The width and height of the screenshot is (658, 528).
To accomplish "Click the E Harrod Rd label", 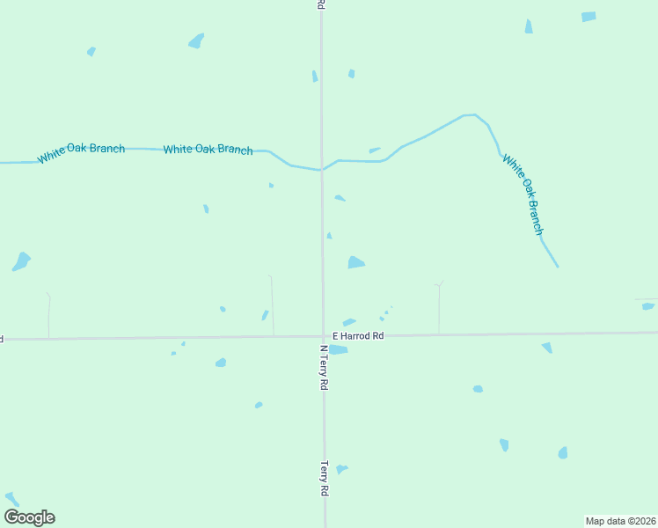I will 358,336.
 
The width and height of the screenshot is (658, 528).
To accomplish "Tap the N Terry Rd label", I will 324,367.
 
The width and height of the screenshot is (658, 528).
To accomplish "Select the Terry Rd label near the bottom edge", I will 324,479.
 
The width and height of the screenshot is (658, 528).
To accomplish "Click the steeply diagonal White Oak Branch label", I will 523,194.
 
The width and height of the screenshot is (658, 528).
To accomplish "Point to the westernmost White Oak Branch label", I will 81,153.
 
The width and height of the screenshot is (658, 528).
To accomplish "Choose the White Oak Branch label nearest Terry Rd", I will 208,150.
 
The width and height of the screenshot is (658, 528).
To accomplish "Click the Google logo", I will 30,517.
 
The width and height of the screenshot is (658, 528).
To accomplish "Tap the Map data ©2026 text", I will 621,521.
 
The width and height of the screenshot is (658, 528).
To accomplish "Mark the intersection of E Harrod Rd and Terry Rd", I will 322,336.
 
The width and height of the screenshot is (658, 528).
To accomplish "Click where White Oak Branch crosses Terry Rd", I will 321,170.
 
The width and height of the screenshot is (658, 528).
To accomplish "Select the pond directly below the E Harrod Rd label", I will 338,349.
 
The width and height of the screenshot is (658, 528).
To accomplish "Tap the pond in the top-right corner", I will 589,17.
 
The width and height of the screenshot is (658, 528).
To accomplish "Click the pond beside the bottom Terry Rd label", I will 341,469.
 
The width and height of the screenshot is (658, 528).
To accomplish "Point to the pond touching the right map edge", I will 648,306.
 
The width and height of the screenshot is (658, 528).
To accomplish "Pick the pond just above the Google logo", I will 12,499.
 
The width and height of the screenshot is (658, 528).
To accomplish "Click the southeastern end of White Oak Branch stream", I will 557,266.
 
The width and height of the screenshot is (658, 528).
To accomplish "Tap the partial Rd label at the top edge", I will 321,4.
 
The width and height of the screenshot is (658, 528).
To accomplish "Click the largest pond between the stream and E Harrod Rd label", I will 355,262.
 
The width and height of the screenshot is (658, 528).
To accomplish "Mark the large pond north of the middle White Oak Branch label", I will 196,40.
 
